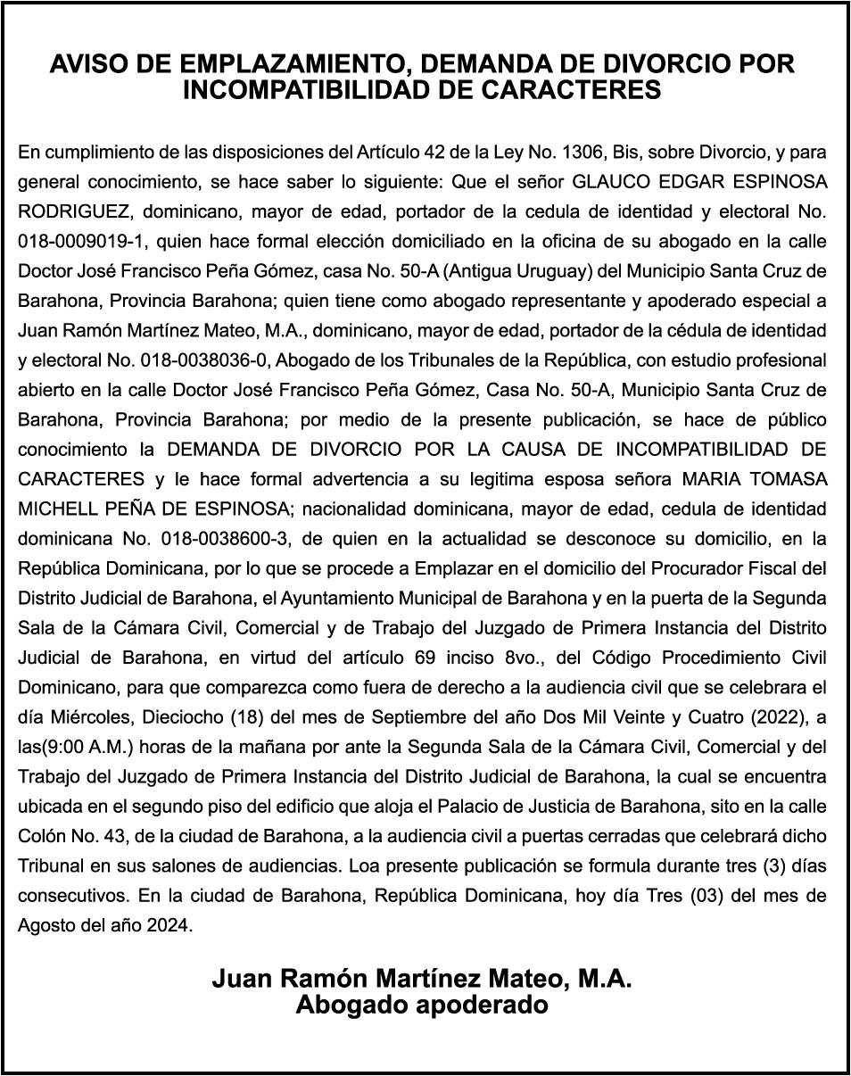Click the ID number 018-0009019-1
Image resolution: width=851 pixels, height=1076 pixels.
(77, 242)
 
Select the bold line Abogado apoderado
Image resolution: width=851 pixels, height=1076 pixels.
(422, 1005)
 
